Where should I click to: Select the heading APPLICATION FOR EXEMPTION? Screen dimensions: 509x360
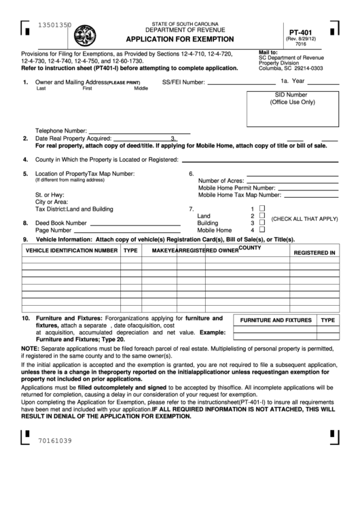tap(180, 39)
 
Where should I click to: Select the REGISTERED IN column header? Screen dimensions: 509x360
tap(314, 252)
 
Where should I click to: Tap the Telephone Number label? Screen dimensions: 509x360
tap(60, 130)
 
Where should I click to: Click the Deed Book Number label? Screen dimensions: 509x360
tap(61, 222)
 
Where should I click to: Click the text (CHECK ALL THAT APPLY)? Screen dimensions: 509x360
tap(304, 219)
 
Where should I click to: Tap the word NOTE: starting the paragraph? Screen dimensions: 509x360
tap(30, 348)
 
